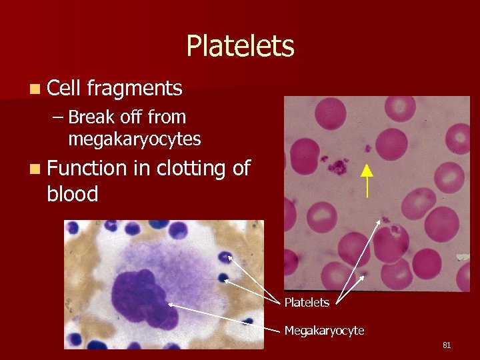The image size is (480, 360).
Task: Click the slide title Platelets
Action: tap(240, 46)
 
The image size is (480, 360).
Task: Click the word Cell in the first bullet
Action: tap(63, 87)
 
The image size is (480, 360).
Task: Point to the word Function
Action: tap(87, 169)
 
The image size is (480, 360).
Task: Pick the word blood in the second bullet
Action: tap(73, 194)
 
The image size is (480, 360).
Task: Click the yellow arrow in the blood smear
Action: tap(366, 180)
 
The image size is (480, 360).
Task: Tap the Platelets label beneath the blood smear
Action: tap(307, 303)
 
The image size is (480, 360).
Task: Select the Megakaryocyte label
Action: tap(324, 330)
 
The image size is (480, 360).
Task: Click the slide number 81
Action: tap(447, 345)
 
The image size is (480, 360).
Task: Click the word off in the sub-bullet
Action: tap(131, 117)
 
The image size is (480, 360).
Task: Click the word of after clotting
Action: tap(241, 169)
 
